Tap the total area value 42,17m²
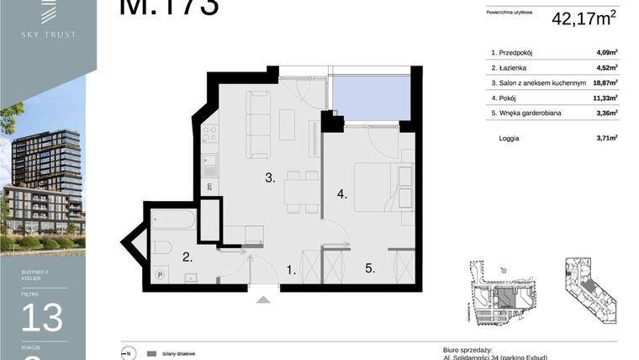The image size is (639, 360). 584,19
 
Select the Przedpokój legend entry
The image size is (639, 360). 515,52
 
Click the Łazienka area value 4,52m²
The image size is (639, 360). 605,67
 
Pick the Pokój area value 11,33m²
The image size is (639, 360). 604,98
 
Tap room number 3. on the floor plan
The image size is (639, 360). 270,178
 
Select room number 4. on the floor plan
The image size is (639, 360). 342,194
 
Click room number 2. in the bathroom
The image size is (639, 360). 188,258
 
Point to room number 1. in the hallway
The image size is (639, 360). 291,271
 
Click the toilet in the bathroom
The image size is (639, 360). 162,247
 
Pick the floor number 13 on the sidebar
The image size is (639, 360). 42,319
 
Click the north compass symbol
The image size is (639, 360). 128,353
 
